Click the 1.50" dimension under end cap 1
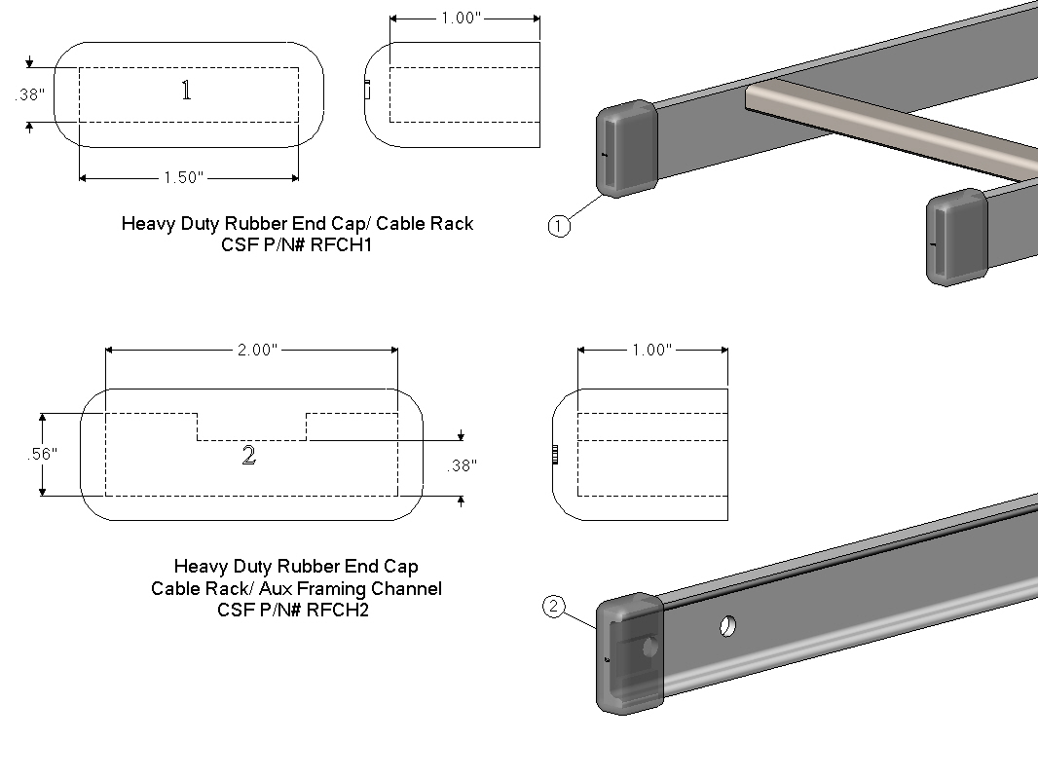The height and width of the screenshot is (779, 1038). pos(183,177)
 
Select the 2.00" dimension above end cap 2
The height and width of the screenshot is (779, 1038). pos(257,351)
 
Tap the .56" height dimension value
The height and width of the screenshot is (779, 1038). pos(42,454)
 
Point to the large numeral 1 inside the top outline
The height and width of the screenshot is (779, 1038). pos(186,91)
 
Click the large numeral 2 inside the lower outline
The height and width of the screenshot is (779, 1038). pos(248,456)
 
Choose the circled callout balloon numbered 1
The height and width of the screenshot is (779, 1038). pos(558,227)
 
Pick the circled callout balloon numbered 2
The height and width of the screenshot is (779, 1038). pos(553,608)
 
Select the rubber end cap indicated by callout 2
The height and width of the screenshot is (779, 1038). pos(629,654)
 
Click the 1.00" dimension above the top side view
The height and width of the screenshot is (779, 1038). pos(462,19)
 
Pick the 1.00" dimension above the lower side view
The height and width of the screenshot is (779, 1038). pos(651,351)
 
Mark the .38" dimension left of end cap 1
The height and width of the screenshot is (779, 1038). pos(30,95)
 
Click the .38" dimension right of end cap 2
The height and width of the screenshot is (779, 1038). pos(462,466)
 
